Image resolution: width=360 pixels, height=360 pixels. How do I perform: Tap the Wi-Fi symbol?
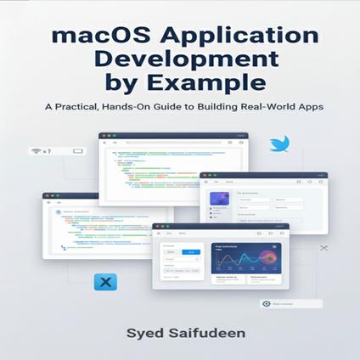click(37, 151)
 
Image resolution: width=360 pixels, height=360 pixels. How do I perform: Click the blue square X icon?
click(105, 281)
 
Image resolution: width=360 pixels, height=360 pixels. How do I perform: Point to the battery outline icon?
click(77, 151)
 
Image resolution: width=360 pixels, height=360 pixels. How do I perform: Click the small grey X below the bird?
click(323, 248)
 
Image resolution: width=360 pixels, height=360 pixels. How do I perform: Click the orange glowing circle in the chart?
click(273, 248)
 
